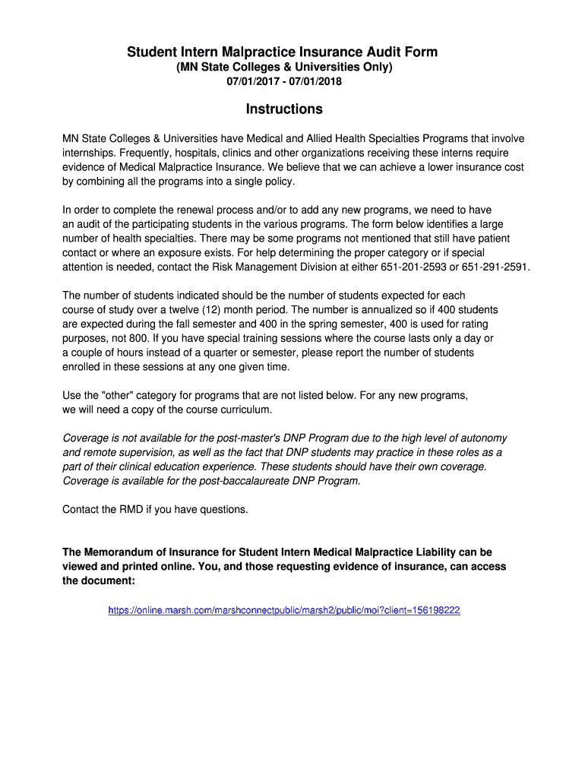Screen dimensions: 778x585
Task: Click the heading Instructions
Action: coord(284,109)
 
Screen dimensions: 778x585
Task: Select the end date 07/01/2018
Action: coord(316,81)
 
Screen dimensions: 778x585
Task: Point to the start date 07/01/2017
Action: coord(252,81)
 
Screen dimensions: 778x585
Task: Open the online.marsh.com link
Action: coord(284,610)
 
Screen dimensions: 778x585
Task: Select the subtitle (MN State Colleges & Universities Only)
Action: coord(284,68)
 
